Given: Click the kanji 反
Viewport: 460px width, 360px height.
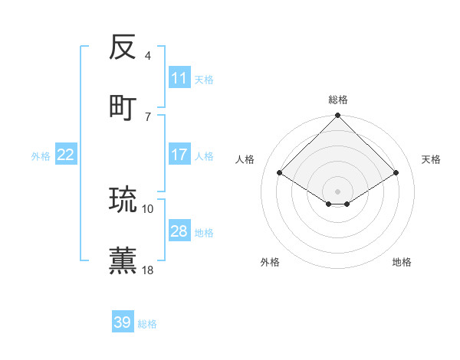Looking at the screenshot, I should (123, 47).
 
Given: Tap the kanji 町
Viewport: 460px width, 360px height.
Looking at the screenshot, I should (123, 106).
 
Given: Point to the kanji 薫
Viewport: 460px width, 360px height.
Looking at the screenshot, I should (123, 259).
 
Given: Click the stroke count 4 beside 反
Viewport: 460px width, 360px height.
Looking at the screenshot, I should (148, 56).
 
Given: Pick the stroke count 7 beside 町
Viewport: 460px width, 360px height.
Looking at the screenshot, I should (148, 116).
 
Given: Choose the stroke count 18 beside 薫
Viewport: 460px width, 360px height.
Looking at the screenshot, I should (148, 269).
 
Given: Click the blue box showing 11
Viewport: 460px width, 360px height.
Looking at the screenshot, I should (179, 78).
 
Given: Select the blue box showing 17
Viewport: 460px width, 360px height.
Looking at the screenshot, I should (179, 155).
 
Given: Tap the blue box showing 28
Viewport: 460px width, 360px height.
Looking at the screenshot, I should (179, 231).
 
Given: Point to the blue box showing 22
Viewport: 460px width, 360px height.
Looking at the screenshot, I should (66, 155).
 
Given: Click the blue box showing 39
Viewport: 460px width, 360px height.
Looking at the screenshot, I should (123, 322).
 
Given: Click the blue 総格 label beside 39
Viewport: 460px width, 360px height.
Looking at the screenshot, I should (147, 324).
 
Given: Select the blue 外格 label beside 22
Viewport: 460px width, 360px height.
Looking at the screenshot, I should (41, 156).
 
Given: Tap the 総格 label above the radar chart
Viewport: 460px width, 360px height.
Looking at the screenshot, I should (338, 100).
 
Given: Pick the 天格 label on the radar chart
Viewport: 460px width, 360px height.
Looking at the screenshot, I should (431, 159).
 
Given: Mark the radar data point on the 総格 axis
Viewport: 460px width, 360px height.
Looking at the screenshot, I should (338, 116).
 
